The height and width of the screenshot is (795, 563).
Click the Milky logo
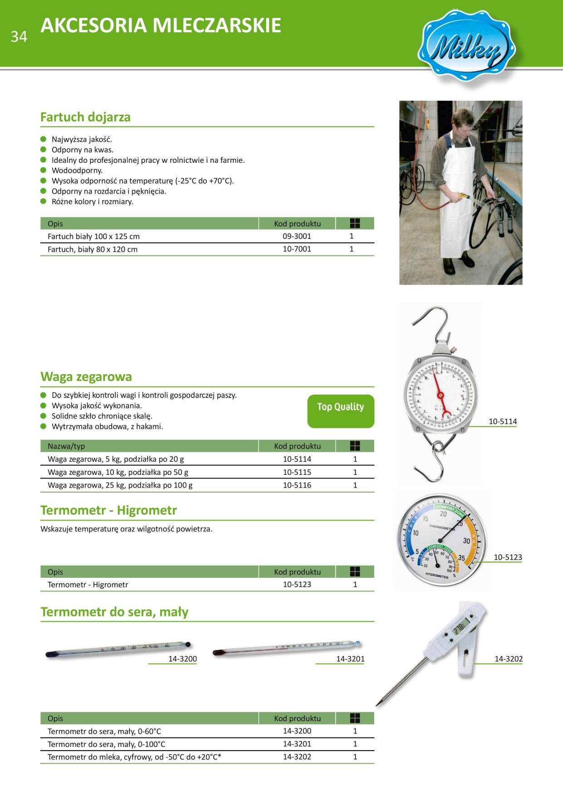tap(466, 46)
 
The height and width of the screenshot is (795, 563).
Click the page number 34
tap(19, 37)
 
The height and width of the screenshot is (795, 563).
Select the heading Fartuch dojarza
tap(85, 117)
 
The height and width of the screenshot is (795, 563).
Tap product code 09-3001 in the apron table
tap(297, 236)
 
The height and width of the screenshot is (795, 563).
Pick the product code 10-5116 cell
tap(297, 485)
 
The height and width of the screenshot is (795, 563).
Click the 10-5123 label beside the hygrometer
tap(508, 557)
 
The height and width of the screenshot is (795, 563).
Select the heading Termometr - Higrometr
tap(109, 510)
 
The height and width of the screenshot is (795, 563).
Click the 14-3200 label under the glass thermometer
tap(183, 659)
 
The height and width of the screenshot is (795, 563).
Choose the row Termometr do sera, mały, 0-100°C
tap(106, 744)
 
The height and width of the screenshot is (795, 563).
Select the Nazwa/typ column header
tap(66, 446)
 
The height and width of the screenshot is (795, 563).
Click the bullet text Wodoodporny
tap(77, 171)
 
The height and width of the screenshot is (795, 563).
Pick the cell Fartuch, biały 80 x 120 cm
tap(93, 249)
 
